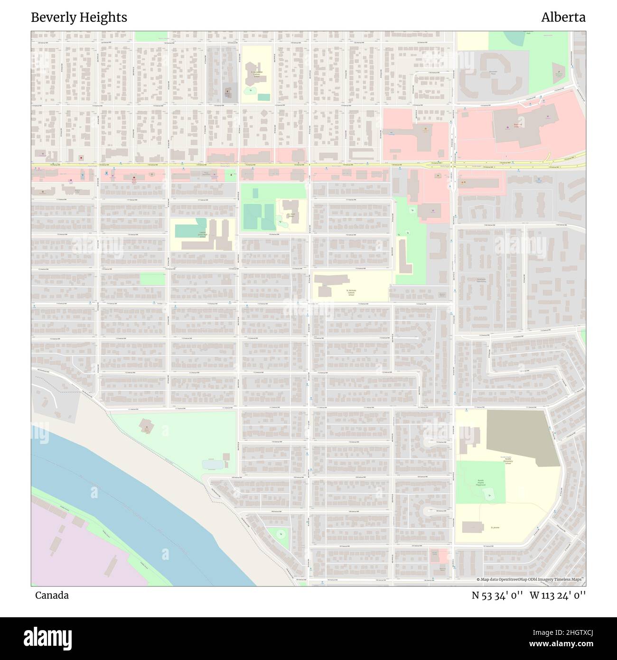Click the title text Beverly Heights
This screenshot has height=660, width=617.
click(x=79, y=18)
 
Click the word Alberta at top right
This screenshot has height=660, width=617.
click(x=563, y=18)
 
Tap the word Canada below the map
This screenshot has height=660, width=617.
click(x=51, y=595)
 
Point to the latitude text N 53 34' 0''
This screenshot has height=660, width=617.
click(x=497, y=595)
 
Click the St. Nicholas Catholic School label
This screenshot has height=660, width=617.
click(x=351, y=292)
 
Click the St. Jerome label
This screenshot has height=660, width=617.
click(x=495, y=528)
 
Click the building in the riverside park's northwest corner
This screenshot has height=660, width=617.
click(x=146, y=425)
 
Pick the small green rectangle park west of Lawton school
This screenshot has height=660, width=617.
click(x=152, y=279)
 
